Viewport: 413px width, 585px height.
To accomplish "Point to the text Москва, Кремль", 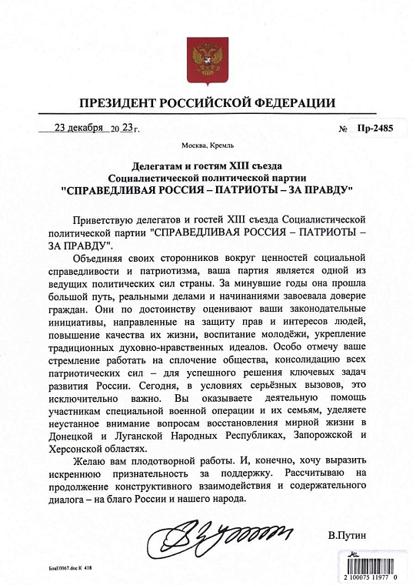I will [206, 145].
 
